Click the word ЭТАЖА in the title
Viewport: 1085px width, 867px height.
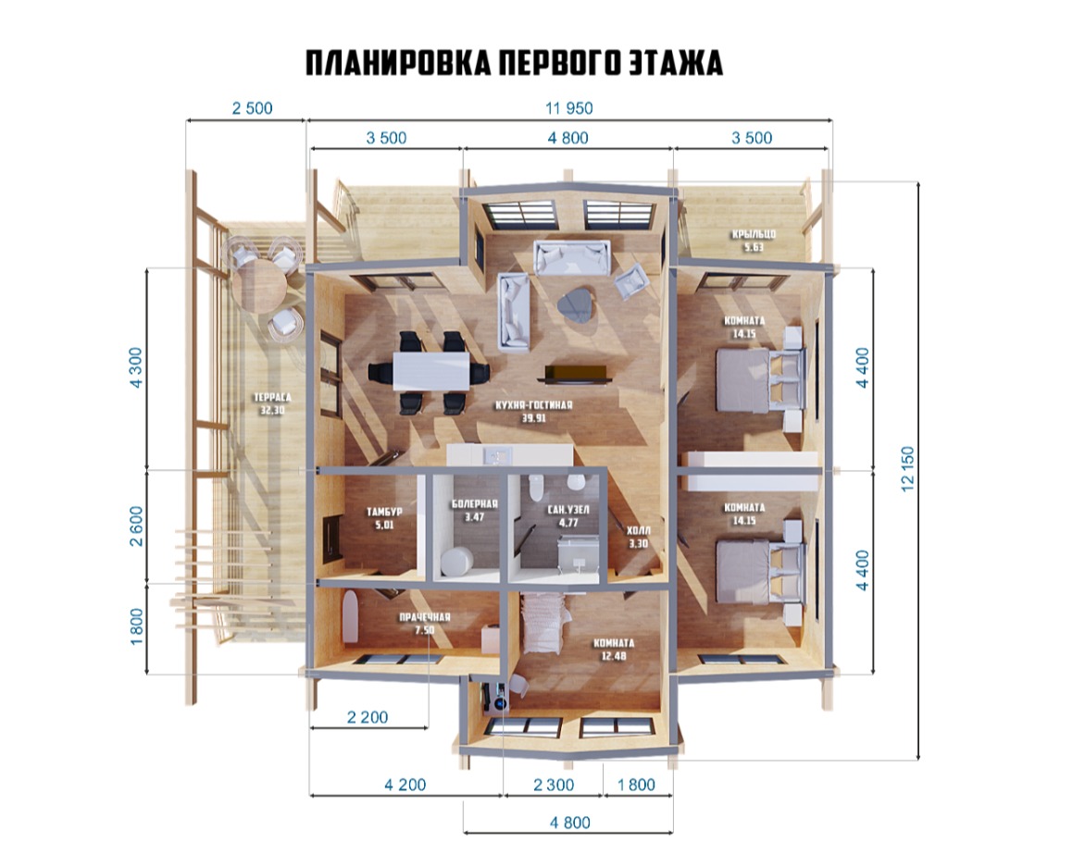(x=676, y=63)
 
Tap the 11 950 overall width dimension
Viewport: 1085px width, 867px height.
(x=568, y=108)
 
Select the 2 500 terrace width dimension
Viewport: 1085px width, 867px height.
(x=252, y=108)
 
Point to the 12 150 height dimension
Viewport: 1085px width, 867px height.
(x=907, y=469)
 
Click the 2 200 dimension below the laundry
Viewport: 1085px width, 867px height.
(x=368, y=718)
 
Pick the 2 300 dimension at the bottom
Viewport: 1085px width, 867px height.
(x=554, y=785)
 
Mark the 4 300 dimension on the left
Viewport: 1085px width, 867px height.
(x=135, y=367)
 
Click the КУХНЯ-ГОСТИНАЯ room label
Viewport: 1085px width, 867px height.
(x=533, y=405)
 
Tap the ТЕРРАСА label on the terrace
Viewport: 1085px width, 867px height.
(x=272, y=398)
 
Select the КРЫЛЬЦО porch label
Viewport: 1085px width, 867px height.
(x=754, y=234)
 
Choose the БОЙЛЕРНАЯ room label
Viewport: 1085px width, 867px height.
(x=475, y=504)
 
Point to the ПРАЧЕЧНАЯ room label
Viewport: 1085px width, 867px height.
(x=424, y=617)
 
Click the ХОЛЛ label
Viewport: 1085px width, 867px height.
(x=638, y=531)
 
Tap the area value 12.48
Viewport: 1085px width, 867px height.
(x=614, y=655)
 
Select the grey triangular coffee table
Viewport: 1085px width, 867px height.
(x=578, y=305)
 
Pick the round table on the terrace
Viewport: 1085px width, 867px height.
(x=257, y=284)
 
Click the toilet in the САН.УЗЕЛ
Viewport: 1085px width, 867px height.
(x=534, y=489)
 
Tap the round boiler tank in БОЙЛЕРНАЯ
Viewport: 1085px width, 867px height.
(x=456, y=562)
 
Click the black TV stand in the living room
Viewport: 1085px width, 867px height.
(x=576, y=373)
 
